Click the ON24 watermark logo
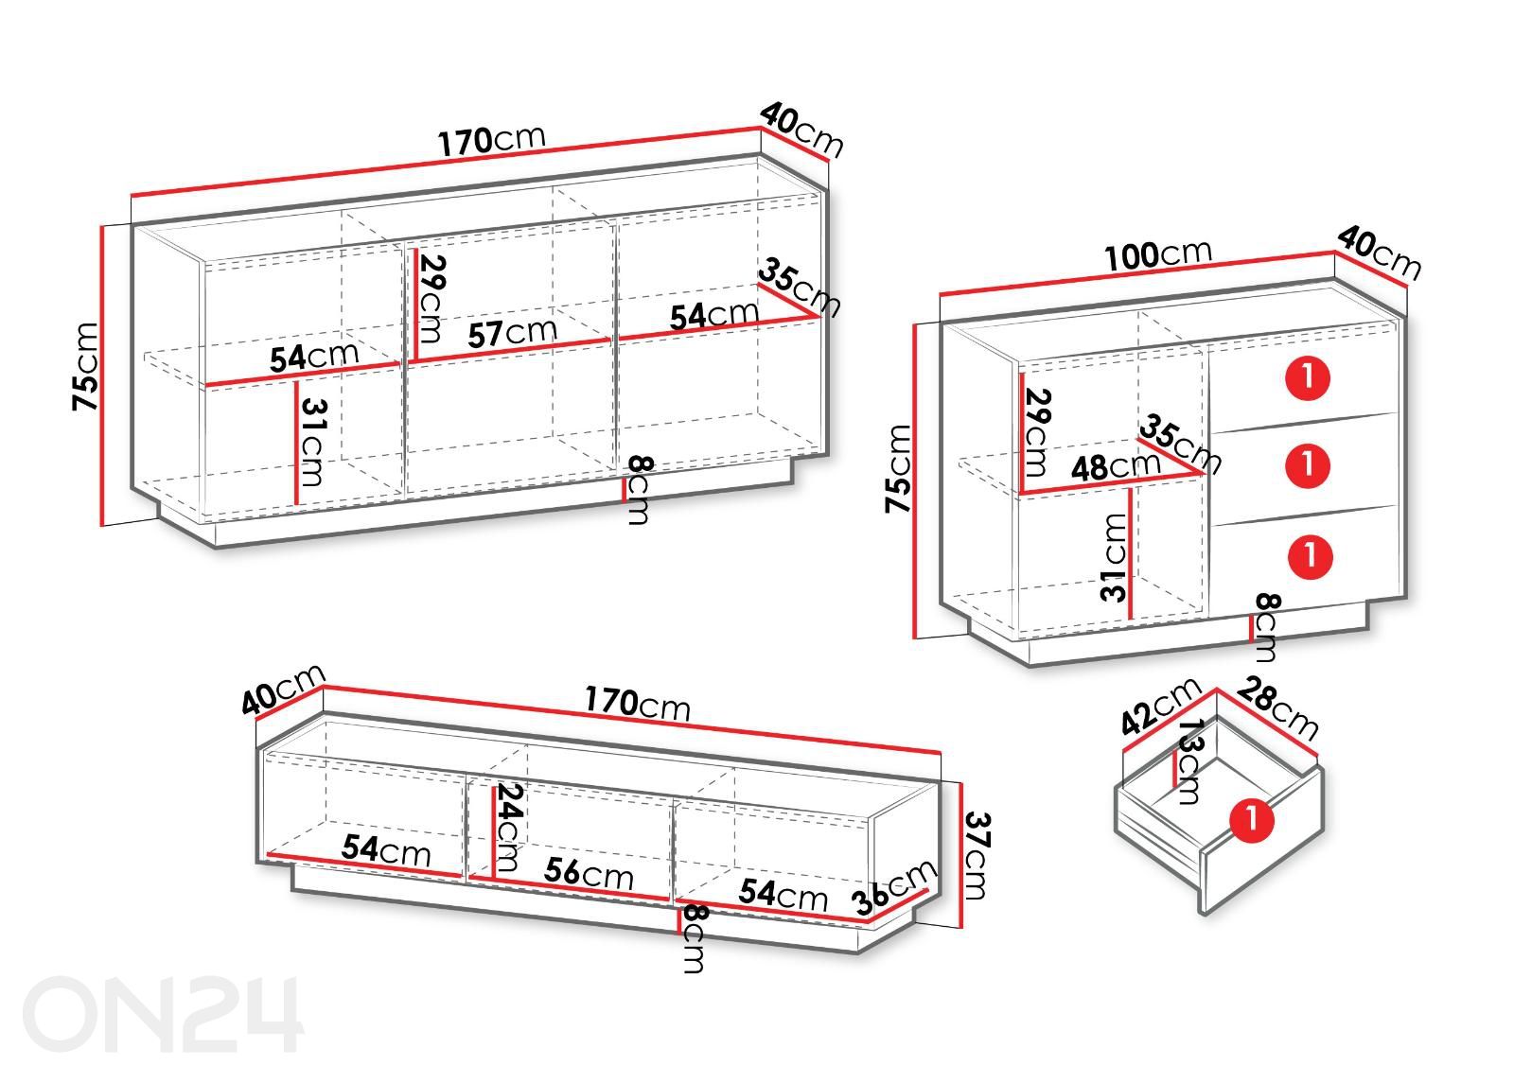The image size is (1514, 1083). pyautogui.click(x=163, y=1014)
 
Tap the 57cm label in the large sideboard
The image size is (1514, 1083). pyautogui.click(x=512, y=332)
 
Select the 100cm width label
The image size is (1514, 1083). pyautogui.click(x=1158, y=254)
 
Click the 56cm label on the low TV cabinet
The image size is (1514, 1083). pyautogui.click(x=589, y=873)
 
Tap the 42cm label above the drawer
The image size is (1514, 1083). pyautogui.click(x=1160, y=706)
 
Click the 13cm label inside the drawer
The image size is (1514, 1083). pyautogui.click(x=1190, y=760)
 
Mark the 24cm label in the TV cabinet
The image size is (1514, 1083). pyautogui.click(x=508, y=827)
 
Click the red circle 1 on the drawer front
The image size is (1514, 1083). pyautogui.click(x=1251, y=820)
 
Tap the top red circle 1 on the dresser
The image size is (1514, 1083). pyautogui.click(x=1307, y=377)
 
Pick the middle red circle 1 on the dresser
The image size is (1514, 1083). pyautogui.click(x=1307, y=464)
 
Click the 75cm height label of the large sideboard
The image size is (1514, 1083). pyautogui.click(x=86, y=366)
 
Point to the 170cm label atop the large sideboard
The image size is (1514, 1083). pyautogui.click(x=491, y=140)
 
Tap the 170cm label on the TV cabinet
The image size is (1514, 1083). pyautogui.click(x=638, y=703)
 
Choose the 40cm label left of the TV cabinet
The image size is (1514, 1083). pyautogui.click(x=283, y=690)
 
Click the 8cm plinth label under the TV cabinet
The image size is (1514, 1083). pyautogui.click(x=695, y=938)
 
